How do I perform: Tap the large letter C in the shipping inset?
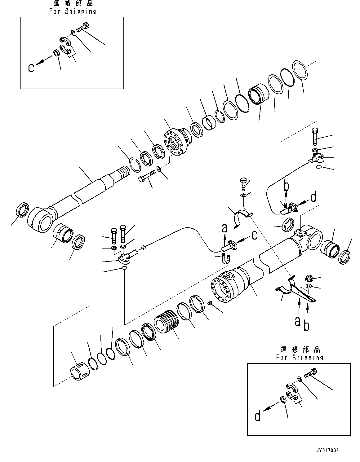[x=31, y=67]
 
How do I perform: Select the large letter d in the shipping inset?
[x=258, y=416]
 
